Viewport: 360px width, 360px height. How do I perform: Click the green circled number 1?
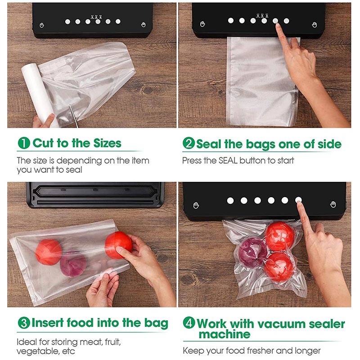click(x=24, y=143)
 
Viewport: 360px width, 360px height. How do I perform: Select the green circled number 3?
click(x=24, y=323)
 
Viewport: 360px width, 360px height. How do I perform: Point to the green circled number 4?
click(x=189, y=323)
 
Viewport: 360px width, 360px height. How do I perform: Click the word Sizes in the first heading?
click(x=107, y=143)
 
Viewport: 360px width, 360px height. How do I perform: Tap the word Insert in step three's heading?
click(x=48, y=323)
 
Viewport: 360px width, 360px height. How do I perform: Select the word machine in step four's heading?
click(x=224, y=334)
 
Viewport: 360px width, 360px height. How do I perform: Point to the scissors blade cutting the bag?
click(x=74, y=116)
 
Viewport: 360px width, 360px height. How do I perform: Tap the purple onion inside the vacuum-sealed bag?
click(x=252, y=252)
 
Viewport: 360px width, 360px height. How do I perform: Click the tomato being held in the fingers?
click(x=119, y=245)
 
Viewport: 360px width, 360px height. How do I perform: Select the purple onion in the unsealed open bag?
click(x=73, y=265)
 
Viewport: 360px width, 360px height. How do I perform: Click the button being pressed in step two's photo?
click(x=275, y=21)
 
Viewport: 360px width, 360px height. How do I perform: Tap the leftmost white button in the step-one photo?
click(x=67, y=22)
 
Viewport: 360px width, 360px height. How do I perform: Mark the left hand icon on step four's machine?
click(x=196, y=205)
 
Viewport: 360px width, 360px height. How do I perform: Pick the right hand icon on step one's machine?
click(x=144, y=25)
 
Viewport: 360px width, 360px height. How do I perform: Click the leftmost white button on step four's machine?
click(x=230, y=201)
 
